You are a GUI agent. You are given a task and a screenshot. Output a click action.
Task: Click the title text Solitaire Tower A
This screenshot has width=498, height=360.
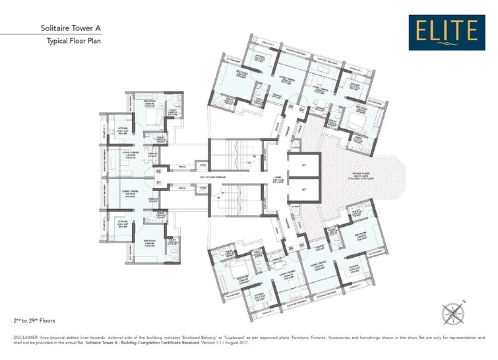click(71, 28)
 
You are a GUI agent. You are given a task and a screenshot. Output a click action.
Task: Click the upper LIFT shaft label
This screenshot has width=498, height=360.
click(304, 166)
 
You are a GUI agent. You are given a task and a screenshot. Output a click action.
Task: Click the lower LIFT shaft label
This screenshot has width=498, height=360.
click(304, 190)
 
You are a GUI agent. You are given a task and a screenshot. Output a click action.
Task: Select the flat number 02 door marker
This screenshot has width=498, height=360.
click(158, 172)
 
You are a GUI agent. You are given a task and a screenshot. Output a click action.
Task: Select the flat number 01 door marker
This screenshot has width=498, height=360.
click(158, 183)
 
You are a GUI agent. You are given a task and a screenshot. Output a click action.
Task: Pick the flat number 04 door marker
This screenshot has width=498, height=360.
click(301, 107)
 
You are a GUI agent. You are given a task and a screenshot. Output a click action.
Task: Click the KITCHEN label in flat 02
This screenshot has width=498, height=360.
click(123, 129)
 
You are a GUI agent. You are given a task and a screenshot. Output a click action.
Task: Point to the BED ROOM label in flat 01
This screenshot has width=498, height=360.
click(148, 242)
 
